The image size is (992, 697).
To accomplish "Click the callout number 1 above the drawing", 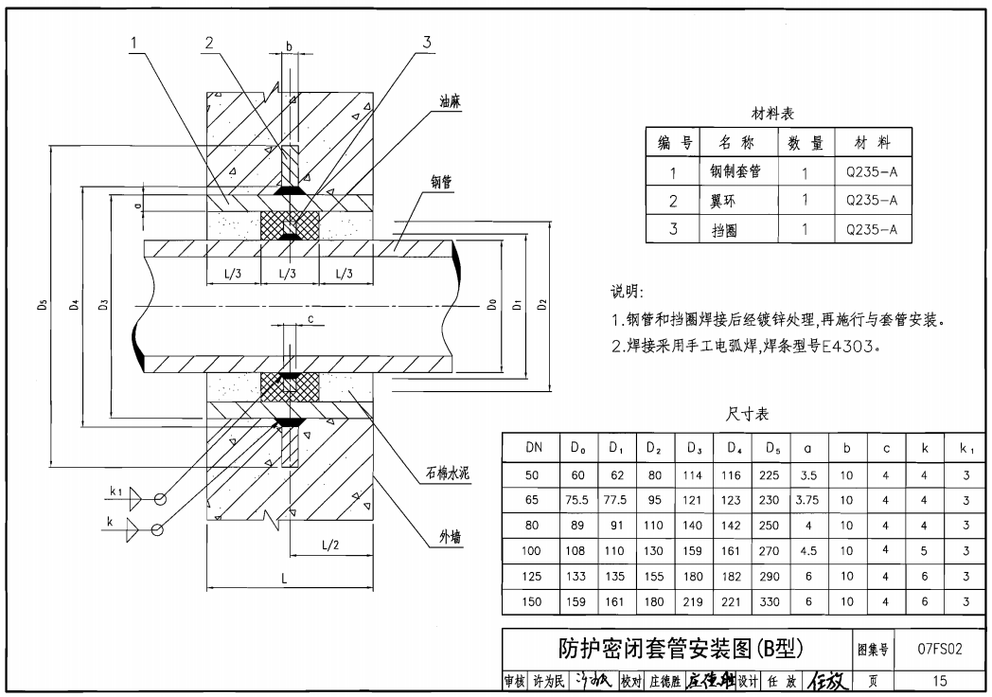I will pos(135,42).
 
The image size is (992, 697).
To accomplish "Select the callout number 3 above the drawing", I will pos(427,42).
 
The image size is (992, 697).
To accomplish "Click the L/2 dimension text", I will pos(330,545).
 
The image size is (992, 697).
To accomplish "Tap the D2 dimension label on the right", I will pos(541,305).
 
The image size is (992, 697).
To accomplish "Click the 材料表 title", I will pos(772,114).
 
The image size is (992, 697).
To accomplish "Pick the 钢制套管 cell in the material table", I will pos(735,172).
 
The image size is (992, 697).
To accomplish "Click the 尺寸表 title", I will pos(747,415).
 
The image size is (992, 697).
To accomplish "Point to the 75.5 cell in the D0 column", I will pos(577,499).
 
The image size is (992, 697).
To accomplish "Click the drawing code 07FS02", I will pos(939,651).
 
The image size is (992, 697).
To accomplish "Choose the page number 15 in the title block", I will pos(939,680).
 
